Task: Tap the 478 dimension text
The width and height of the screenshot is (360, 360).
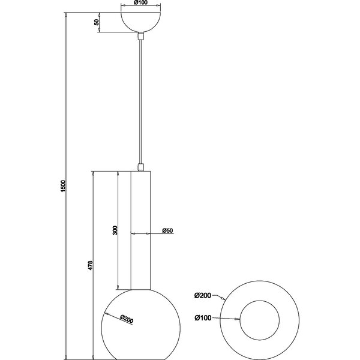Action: [x=90, y=264]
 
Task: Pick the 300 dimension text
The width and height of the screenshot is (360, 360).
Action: [x=115, y=230]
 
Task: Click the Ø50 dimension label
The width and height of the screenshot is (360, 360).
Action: [x=167, y=231]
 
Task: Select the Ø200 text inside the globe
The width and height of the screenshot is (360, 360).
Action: [x=126, y=319]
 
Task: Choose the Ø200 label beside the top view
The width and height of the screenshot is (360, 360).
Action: [x=203, y=295]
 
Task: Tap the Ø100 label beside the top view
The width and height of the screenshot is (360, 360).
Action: [x=203, y=318]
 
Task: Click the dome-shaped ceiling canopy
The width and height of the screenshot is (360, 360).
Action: [x=141, y=20]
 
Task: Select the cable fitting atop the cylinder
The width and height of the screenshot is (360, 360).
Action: [x=141, y=166]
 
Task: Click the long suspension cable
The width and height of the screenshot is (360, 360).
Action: [x=141, y=102]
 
